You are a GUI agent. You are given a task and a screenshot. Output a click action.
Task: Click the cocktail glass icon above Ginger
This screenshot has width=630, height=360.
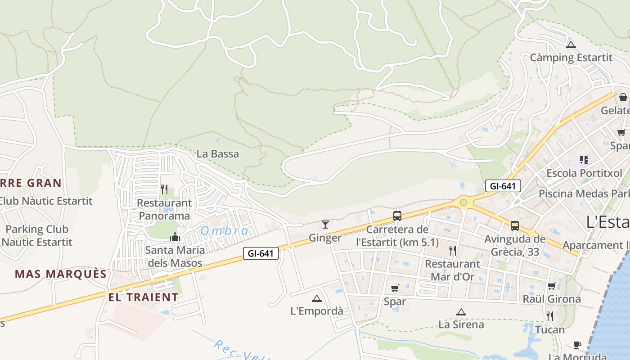[325, 224]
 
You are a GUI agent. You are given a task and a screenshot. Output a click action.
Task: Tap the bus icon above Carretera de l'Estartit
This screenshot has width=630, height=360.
[397, 216]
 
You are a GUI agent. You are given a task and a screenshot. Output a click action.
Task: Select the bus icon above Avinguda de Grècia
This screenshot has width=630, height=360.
[515, 225]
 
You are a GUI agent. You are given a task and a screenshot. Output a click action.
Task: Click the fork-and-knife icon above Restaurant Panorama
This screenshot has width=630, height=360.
[164, 189]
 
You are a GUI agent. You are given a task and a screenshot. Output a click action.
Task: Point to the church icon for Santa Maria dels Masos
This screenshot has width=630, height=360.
[175, 237]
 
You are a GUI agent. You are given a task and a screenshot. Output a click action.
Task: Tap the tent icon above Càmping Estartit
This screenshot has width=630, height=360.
[571, 45]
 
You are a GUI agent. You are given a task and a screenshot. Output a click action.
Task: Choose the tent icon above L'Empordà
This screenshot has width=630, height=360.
[317, 298]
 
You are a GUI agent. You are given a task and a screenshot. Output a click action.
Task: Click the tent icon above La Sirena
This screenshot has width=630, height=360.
[461, 311]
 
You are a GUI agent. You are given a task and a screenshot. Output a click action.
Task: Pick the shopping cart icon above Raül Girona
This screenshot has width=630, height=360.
[551, 286]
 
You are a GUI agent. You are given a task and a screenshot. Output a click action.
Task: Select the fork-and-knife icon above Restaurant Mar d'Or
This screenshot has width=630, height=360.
[453, 250]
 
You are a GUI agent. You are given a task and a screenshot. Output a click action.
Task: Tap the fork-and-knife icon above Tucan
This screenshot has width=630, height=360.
[550, 316]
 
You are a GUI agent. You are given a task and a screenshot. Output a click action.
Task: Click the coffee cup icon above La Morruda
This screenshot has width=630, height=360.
[577, 345]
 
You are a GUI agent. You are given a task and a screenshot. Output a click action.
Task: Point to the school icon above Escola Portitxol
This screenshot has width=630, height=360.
[584, 159]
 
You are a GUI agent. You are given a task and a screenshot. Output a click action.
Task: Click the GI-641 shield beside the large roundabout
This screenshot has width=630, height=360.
[503, 186]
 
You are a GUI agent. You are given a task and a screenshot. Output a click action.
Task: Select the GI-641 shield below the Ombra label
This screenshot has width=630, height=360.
[261, 253]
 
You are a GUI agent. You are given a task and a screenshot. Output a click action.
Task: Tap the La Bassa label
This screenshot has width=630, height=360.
[218, 154]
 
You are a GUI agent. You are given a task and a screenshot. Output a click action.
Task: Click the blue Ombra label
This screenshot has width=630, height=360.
[225, 231]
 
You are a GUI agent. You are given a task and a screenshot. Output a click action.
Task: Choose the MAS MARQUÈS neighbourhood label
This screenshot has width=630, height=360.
[61, 274]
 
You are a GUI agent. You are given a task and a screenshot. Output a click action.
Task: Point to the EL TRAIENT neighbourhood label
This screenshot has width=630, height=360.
[143, 297]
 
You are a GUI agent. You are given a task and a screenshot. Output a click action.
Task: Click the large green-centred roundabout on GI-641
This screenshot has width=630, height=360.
[463, 203]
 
